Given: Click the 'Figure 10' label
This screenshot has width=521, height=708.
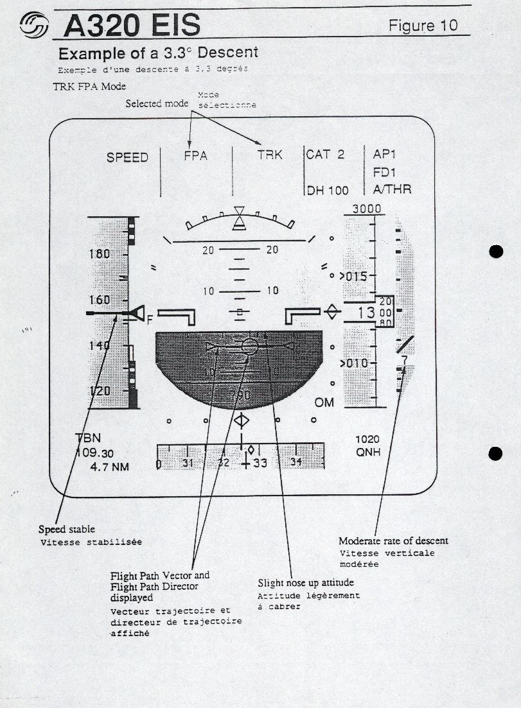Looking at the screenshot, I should pos(423,25).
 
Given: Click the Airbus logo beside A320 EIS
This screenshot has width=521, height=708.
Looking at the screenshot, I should pos(34,26).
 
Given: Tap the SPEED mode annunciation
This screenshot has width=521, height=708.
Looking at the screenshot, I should pos(127,157).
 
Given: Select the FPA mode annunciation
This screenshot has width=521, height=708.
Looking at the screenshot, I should pos(195,155).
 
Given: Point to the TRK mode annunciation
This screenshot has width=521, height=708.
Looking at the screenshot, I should pos(270,155).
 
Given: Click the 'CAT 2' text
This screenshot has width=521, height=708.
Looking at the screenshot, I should pos(325,155).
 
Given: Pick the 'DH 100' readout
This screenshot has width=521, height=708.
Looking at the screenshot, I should pos(328,190).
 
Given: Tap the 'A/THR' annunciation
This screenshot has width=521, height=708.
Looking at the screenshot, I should pos(392,189).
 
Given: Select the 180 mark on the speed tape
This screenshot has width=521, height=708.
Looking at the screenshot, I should pos(99,254).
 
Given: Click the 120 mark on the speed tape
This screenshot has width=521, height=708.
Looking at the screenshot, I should pos(99,391).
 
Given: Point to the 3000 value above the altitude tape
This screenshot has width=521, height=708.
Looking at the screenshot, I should pos(366,209).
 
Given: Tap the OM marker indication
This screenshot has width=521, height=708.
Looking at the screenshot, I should pos(324,402).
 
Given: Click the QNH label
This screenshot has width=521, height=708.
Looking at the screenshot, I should pos(367,452).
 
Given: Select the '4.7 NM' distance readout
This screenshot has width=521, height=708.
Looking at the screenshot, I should pos(109,467).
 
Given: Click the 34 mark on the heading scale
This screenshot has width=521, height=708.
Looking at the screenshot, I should pos(296,462).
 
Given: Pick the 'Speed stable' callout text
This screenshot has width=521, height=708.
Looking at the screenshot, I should pos(66,530).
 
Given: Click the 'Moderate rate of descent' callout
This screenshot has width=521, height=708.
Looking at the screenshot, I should pos(393,540).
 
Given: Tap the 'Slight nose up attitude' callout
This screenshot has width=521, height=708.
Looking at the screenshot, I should pos(306,583).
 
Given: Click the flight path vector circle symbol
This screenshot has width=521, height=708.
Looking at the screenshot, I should pos(251,347).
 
